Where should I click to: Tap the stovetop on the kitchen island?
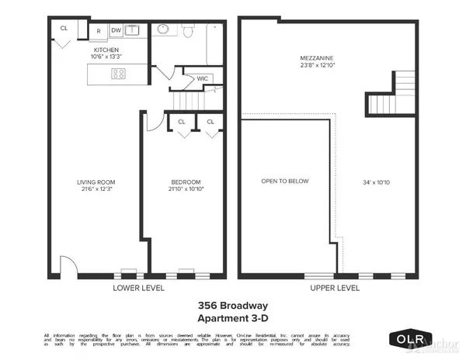click(119, 74)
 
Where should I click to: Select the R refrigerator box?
click(98, 30)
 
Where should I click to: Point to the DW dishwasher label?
click(115, 30)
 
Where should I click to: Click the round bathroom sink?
click(164, 29)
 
